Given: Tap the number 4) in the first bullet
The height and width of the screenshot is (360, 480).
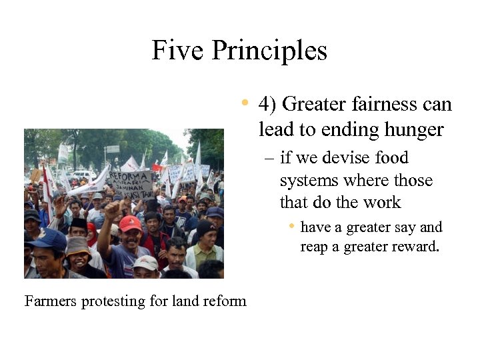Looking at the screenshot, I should click(268, 105).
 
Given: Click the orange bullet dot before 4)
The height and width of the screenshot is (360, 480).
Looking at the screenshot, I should click(245, 103).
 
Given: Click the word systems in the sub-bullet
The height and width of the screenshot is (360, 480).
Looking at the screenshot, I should click(307, 181).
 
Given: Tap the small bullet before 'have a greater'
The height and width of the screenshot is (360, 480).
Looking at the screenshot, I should click(291, 227).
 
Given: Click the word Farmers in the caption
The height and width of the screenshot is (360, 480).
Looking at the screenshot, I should click(51, 301).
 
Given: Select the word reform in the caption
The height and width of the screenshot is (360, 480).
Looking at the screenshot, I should click(226, 301).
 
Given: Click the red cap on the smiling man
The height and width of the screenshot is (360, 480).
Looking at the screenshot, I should click(130, 223).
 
